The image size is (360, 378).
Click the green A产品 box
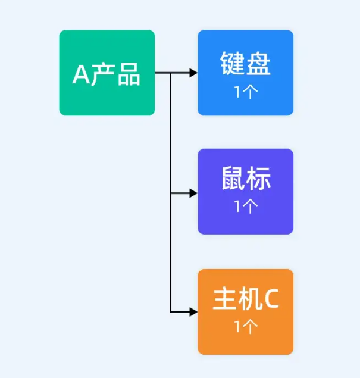pyautogui.click(x=107, y=73)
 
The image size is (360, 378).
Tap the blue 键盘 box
pyautogui.click(x=245, y=73)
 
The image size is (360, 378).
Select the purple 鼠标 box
pyautogui.click(x=245, y=191)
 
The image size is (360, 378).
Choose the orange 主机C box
pyautogui.click(x=245, y=311)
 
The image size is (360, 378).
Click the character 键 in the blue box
pyautogui.click(x=231, y=64)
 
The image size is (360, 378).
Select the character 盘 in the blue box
pyautogui.click(x=258, y=64)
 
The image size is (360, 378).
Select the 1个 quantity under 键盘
pyautogui.click(x=245, y=92)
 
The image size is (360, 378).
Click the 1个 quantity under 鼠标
pyautogui.click(x=245, y=207)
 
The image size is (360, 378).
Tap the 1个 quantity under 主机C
pyautogui.click(x=245, y=327)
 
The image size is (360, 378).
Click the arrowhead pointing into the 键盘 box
pyautogui.click(x=193, y=73)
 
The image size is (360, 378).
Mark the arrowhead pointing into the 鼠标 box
pyautogui.click(x=193, y=193)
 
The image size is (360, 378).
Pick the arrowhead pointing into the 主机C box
pyautogui.click(x=193, y=311)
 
